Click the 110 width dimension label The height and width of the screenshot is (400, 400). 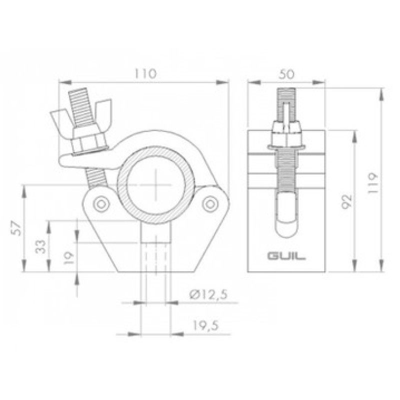click(145, 73)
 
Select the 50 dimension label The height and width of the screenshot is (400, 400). click(286, 74)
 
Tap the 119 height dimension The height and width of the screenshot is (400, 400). click(372, 183)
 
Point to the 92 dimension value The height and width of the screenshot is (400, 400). click(347, 202)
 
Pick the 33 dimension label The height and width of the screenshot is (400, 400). click(41, 246)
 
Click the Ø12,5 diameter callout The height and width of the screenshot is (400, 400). click(208, 295)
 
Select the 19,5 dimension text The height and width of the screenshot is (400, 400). click(205, 326)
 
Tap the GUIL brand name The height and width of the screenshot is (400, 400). click(286, 256)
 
